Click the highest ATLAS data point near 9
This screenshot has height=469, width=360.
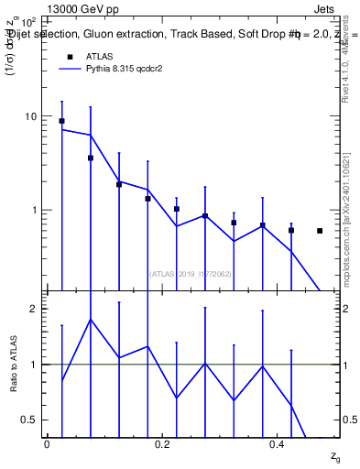(x=61, y=121)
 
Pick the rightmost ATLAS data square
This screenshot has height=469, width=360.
(x=320, y=231)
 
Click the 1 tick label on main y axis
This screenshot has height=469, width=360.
(x=34, y=210)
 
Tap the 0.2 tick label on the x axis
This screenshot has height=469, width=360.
(x=162, y=444)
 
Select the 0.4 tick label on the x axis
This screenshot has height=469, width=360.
(x=278, y=444)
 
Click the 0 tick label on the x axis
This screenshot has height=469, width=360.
(x=47, y=444)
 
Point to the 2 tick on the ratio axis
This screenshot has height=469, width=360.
(x=34, y=309)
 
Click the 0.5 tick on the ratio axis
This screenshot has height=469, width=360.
(x=30, y=420)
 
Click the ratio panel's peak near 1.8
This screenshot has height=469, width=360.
(x=90, y=319)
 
